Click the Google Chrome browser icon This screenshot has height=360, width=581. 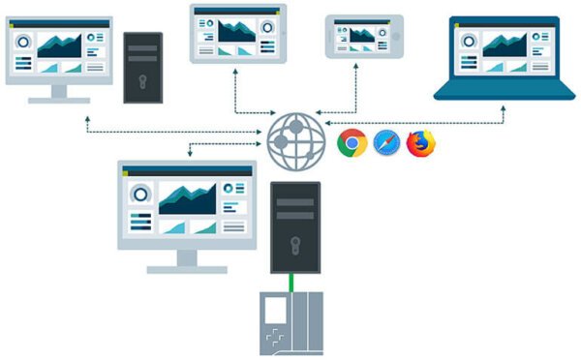352,143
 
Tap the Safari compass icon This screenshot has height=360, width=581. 386,143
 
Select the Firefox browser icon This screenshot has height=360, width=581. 421,143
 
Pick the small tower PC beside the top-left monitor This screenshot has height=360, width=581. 143,68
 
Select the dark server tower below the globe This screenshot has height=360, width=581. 294,226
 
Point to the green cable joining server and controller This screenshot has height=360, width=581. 293,282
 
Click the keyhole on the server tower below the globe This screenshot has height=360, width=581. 294,243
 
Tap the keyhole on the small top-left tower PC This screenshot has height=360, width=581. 143,78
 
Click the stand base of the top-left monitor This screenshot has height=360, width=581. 58,101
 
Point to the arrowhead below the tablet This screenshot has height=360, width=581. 235,70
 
